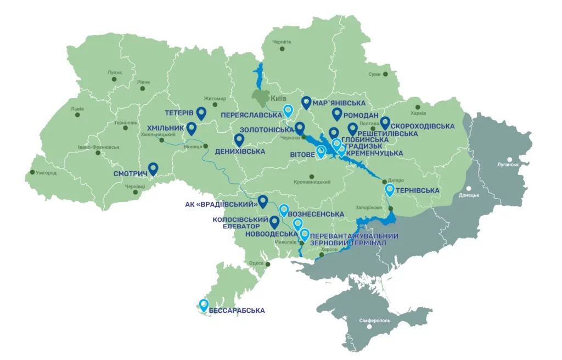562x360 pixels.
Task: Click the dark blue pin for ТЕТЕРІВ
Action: pyautogui.click(x=201, y=113)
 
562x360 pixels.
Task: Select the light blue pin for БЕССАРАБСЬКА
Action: pyautogui.click(x=204, y=305)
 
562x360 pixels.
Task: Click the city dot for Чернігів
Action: pyautogui.click(x=282, y=49)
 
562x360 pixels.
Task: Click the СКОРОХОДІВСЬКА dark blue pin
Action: pyautogui.click(x=385, y=123)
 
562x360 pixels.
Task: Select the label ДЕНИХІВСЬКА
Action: pyautogui.click(x=240, y=151)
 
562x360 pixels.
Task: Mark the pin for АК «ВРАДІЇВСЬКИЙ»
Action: pyautogui.click(x=263, y=201)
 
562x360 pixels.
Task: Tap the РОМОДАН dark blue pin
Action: pyautogui.click(x=337, y=114)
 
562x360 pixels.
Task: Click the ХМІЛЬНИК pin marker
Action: pyautogui.click(x=192, y=128)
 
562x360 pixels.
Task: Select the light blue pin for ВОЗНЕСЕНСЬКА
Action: pyautogui.click(x=284, y=210)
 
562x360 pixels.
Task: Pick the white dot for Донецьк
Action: pyautogui.click(x=469, y=188)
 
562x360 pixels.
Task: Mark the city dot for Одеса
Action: pyautogui.click(x=269, y=264)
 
